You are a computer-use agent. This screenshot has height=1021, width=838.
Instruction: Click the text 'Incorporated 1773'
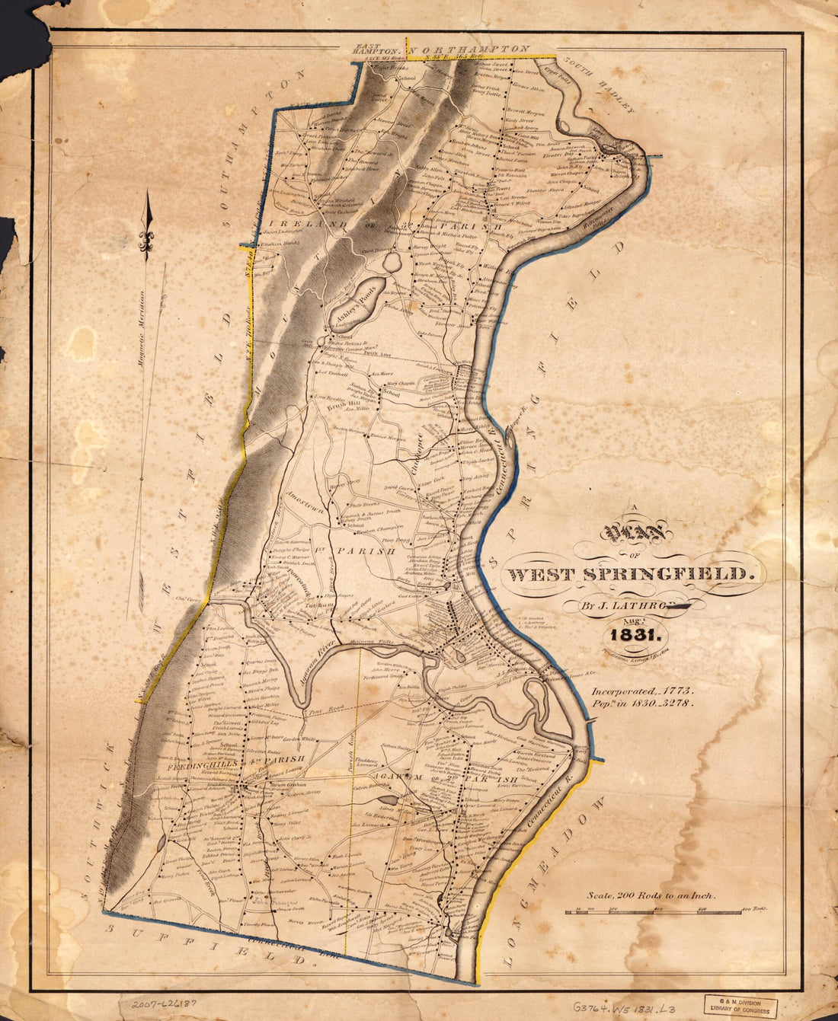pos(643,689)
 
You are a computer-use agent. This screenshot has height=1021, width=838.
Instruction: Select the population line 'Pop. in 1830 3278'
pos(643,704)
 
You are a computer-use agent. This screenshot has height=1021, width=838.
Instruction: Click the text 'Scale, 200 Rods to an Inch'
pos(651,896)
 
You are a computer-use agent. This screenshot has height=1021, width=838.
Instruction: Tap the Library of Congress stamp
pos(740,1006)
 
